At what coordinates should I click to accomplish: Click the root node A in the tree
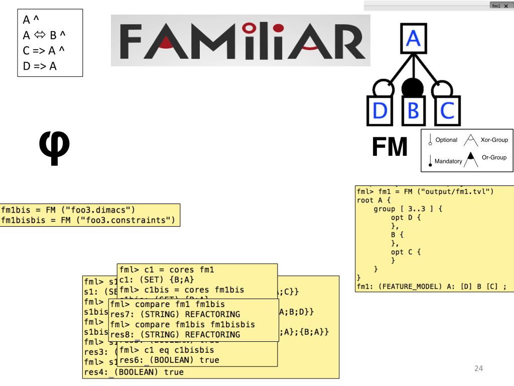tap(413, 39)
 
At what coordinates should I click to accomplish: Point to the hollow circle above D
tap(381, 89)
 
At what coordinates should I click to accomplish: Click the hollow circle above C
tap(444, 89)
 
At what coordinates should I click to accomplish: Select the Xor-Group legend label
tap(494, 140)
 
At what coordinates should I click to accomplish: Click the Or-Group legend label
tap(494, 158)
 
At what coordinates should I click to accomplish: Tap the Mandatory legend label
tap(448, 161)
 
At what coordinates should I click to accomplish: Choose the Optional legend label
tap(446, 140)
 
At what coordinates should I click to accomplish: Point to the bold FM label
tap(389, 147)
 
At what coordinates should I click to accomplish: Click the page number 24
tap(478, 369)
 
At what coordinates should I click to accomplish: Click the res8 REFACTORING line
tap(175, 334)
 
